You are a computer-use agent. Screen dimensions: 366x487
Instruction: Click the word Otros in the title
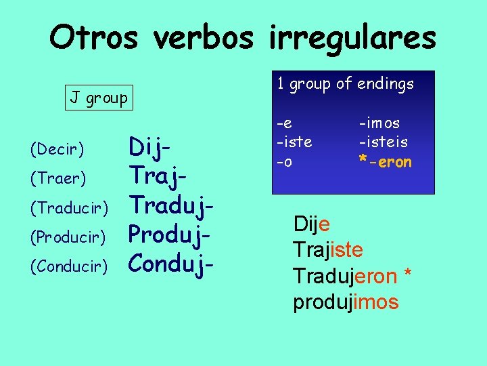coord(93,38)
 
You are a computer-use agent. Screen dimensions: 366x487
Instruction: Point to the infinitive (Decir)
coord(57,148)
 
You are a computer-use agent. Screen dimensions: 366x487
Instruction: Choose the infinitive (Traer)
coord(58,178)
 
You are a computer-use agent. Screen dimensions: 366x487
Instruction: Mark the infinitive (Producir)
coord(68,237)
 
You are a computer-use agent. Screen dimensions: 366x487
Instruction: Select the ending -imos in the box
coord(379,123)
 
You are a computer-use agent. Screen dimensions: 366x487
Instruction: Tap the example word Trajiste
coord(328,250)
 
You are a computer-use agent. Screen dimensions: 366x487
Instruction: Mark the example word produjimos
coord(346,302)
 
